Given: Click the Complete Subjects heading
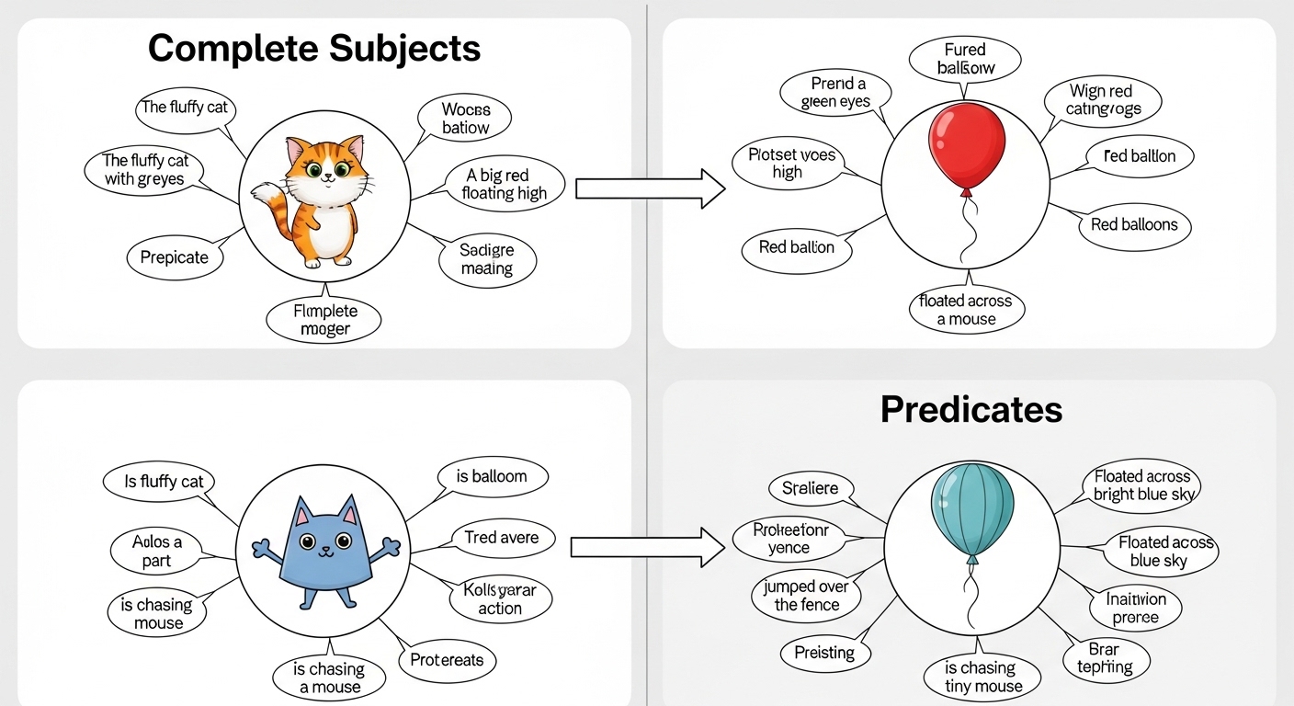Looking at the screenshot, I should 314,48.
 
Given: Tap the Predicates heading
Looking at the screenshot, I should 970,409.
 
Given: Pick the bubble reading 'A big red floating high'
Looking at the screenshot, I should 505,184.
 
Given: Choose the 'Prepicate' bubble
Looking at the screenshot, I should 175,257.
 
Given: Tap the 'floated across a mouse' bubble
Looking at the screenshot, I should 966,310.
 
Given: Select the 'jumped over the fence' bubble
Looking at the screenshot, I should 807,596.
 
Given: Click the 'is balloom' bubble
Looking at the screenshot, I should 492,477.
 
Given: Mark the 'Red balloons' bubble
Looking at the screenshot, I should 1134,225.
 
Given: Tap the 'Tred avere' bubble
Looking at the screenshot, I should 502,538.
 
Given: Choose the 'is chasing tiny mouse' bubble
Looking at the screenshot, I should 982,678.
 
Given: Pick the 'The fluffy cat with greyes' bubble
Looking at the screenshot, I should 144,171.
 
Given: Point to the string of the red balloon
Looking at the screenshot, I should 967,230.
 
